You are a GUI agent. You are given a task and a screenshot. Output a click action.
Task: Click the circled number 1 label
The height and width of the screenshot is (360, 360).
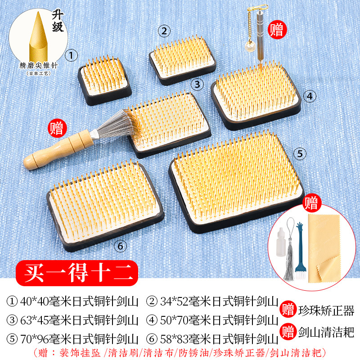pos(71,55)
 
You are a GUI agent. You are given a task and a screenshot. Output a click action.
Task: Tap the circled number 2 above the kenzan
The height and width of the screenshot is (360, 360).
pos(164,31)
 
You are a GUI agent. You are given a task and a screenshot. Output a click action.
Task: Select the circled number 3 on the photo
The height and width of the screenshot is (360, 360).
pos(197,85)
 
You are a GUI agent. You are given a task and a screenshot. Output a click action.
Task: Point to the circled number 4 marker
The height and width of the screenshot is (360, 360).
pos(310,96)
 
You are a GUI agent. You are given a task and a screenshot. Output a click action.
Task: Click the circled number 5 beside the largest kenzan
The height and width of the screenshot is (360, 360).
pos(300,153)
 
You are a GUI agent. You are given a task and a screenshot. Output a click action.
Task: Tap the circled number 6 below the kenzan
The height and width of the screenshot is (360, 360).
pos(120,246)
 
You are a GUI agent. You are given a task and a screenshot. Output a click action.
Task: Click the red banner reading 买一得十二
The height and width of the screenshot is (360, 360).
pos(77,273)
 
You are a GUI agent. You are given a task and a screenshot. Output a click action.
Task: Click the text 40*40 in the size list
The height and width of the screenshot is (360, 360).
pos(35,301)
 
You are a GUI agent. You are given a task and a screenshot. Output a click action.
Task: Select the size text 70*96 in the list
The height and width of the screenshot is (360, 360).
pos(35,339)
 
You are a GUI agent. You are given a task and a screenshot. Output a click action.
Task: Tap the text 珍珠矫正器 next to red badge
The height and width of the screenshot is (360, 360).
pos(326,310)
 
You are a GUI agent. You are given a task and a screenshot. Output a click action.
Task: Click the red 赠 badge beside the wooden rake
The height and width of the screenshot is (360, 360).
pos(57,128)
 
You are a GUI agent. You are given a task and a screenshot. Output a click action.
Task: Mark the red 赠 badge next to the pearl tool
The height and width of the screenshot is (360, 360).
pos(277,30)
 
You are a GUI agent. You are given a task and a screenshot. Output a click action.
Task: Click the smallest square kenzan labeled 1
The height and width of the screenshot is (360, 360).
pos(105,81)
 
